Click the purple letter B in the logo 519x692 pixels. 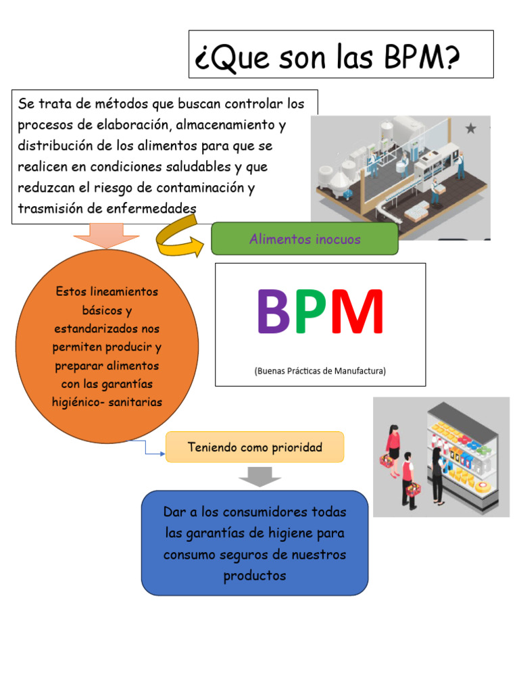274,313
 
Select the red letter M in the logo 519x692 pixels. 356,313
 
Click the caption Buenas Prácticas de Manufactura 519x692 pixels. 320,370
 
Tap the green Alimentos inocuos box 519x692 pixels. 305,239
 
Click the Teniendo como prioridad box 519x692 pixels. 255,447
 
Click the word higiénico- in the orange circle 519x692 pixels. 80,402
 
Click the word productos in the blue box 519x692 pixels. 255,576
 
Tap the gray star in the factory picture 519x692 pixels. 470,128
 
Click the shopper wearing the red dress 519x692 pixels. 392,446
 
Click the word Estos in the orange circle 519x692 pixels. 71,292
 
